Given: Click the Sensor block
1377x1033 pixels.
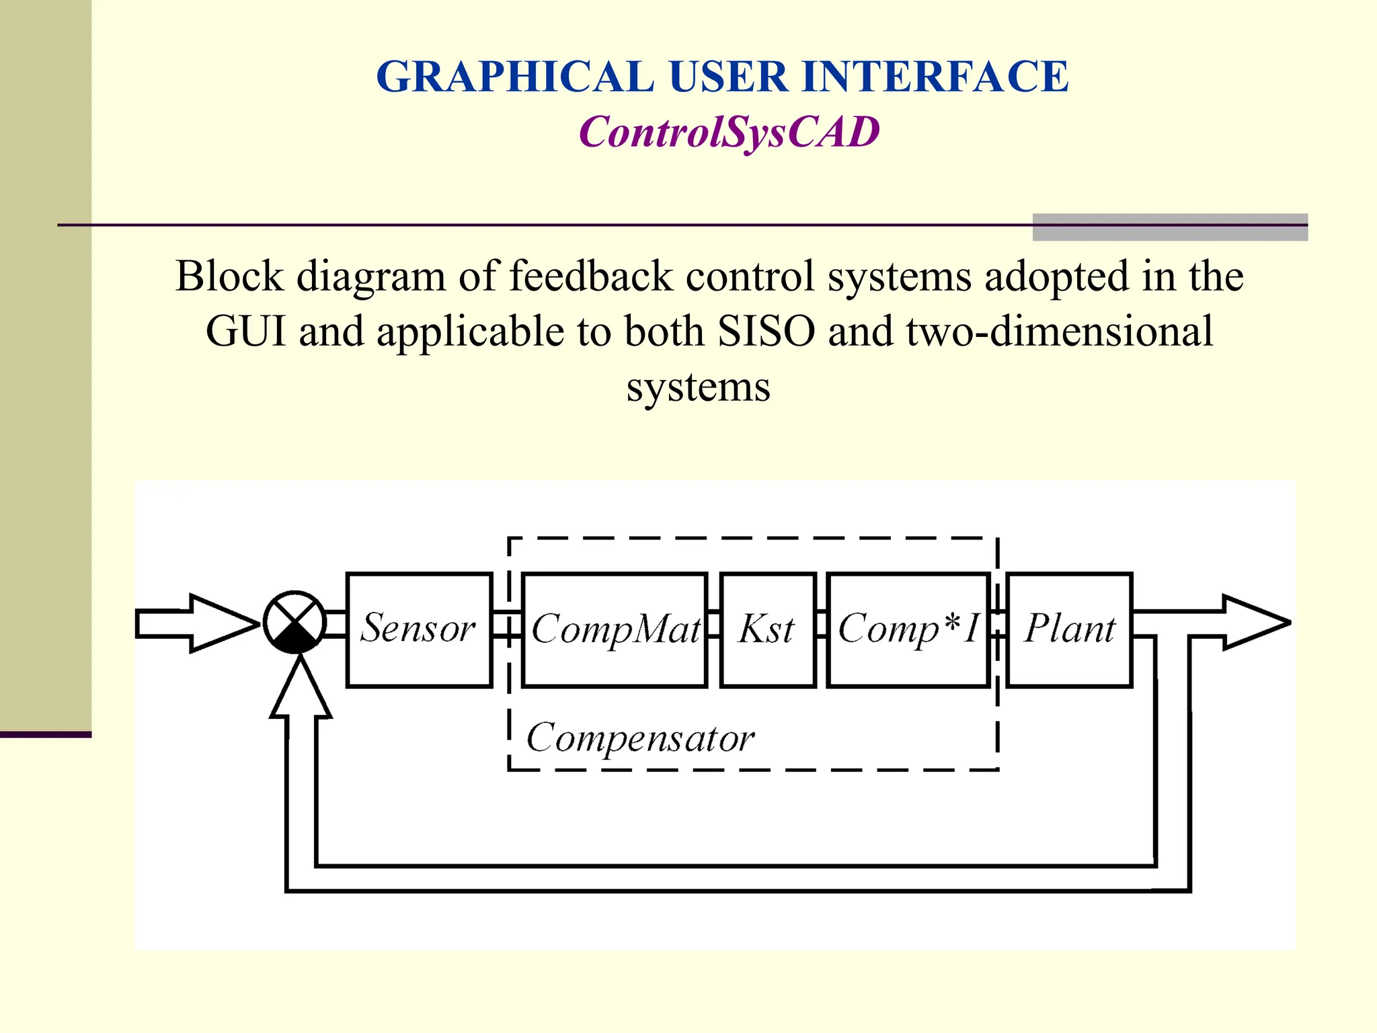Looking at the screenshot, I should tap(419, 629).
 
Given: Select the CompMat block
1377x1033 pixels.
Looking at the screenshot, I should tap(615, 629).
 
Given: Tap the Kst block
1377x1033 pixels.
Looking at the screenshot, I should tap(767, 629).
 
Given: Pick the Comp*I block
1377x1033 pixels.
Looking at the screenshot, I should tap(908, 629).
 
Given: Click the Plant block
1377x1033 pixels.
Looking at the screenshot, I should tap(1069, 629).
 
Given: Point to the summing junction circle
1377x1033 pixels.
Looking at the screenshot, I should tap(294, 622).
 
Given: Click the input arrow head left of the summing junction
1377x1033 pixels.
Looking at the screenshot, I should tap(222, 623).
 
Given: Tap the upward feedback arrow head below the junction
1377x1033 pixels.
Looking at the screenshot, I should tap(301, 689).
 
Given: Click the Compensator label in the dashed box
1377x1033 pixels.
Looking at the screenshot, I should tap(639, 738).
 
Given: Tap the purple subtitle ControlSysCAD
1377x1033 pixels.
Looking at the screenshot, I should tap(729, 132).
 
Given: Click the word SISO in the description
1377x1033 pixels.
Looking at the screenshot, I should tap(766, 331).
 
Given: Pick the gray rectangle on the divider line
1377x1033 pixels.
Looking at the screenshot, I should tap(1170, 227).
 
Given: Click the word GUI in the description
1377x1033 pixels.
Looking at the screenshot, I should tap(246, 331).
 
